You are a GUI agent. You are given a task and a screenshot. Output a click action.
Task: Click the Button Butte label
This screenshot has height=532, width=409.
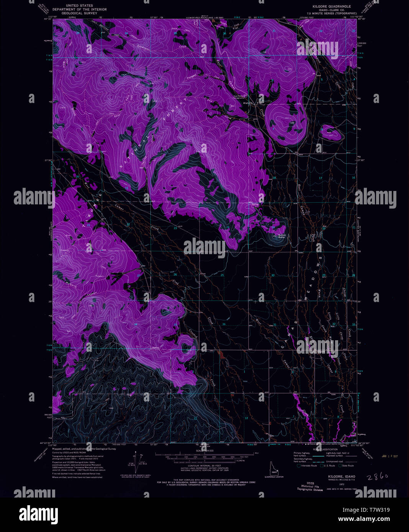tap(281, 236)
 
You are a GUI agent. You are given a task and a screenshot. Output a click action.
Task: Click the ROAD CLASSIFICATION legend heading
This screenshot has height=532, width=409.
tap(325, 449)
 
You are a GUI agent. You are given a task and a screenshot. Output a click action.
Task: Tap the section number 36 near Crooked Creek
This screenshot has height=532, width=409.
tap(224, 325)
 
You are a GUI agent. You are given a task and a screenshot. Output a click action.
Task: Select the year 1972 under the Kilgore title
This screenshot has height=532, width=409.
tap(330, 484)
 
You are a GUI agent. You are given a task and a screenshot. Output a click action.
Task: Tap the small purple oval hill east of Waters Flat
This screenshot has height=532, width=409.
tap(331, 132)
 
